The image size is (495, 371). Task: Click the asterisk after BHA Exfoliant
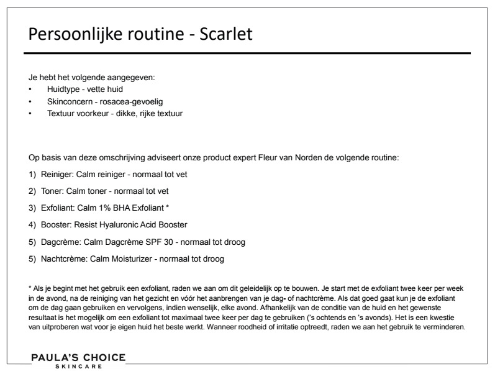(168, 206)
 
